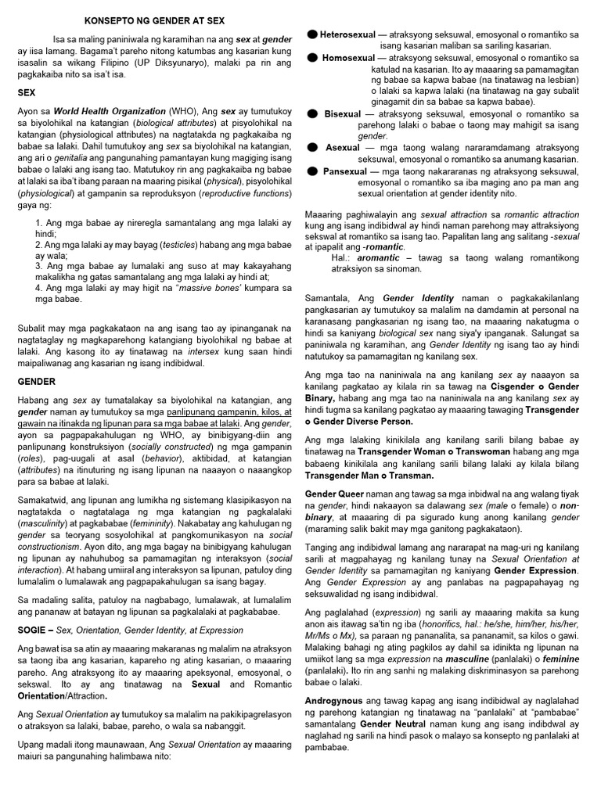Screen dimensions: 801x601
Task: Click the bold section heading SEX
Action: (27, 92)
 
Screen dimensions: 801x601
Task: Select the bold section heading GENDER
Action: (37, 382)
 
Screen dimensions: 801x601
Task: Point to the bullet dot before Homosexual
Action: (311, 58)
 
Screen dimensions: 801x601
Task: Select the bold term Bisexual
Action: (342, 114)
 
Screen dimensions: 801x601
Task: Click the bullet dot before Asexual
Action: (311, 148)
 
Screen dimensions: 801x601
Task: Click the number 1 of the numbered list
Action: (39, 224)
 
